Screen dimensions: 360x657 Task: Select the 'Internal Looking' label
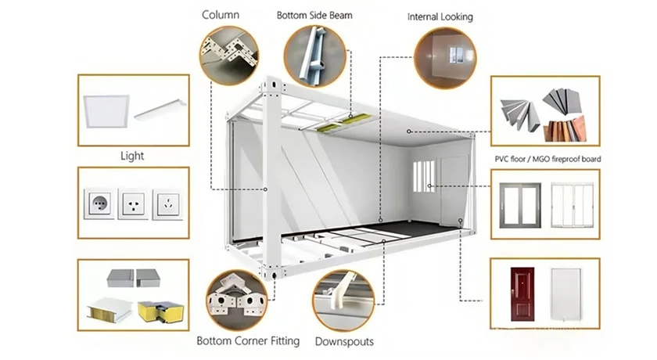440,16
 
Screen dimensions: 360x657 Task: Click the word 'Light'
132,157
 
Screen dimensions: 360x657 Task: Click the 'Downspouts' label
344,341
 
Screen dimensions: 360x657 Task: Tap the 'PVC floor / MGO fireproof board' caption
548,159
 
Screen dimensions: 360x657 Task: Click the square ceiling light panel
105,110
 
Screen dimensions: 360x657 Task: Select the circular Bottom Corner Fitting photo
237,300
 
